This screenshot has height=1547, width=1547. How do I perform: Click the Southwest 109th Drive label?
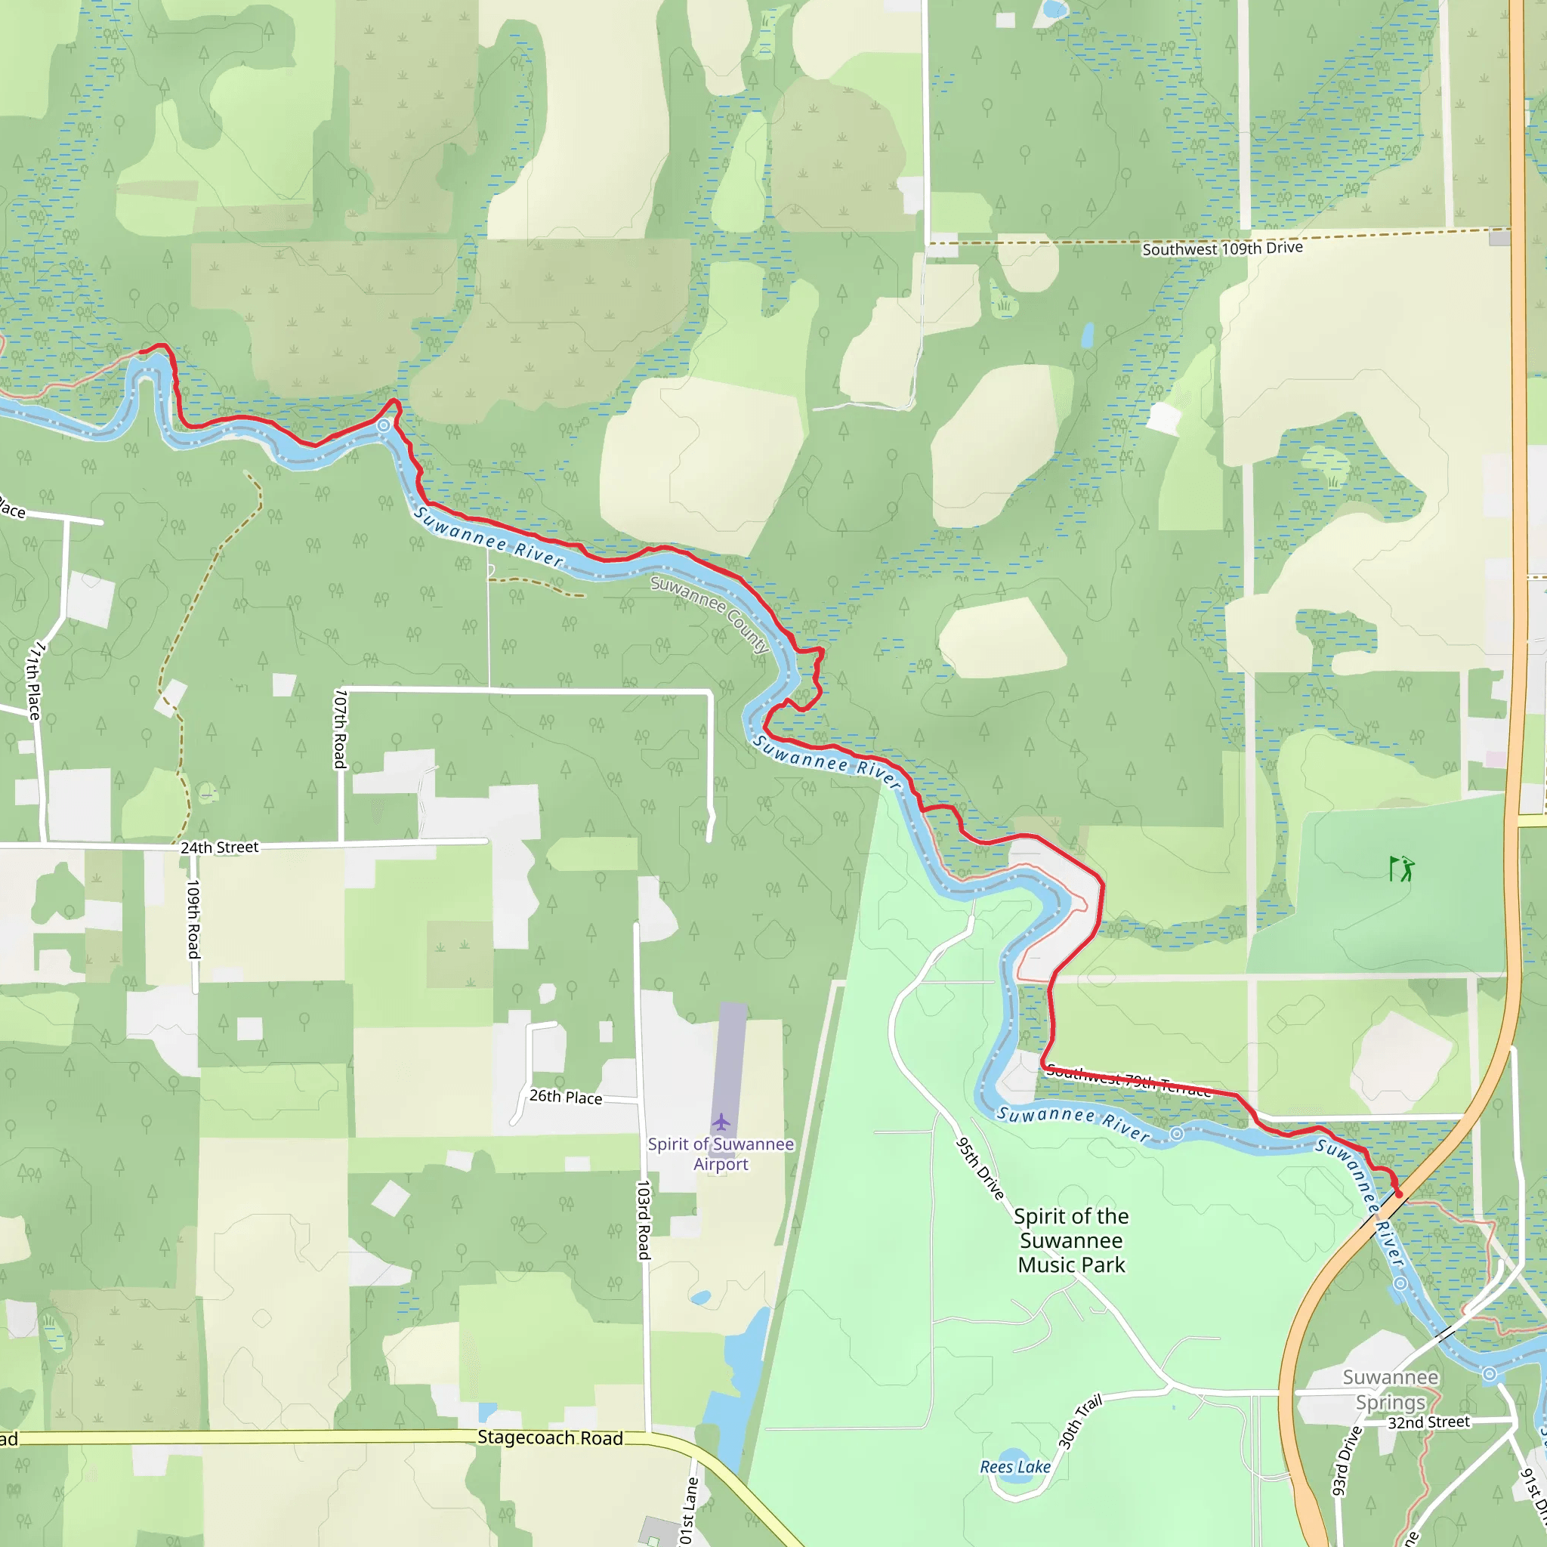(x=1222, y=249)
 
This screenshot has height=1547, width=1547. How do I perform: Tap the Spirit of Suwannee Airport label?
(x=721, y=1154)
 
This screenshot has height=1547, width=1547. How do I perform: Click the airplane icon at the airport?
(x=721, y=1121)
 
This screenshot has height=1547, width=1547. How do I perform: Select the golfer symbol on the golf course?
(x=1402, y=869)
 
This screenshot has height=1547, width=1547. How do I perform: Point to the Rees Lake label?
(x=1015, y=1467)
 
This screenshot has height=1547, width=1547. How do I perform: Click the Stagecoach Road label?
(x=550, y=1438)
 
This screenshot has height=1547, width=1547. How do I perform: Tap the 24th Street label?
(x=219, y=848)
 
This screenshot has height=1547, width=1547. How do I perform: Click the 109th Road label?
(x=193, y=919)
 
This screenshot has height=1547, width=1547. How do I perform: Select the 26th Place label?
(x=565, y=1097)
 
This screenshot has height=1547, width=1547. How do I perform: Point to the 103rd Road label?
(x=643, y=1219)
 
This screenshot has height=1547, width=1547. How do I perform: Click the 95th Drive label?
(x=981, y=1169)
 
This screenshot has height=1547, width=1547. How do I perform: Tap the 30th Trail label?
(x=1080, y=1422)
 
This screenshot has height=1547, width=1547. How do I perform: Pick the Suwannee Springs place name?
(x=1391, y=1389)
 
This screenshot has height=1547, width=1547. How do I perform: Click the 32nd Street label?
(x=1429, y=1423)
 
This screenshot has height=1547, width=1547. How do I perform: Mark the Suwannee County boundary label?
(x=709, y=614)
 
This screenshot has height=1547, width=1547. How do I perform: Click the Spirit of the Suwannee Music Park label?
(x=1071, y=1240)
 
